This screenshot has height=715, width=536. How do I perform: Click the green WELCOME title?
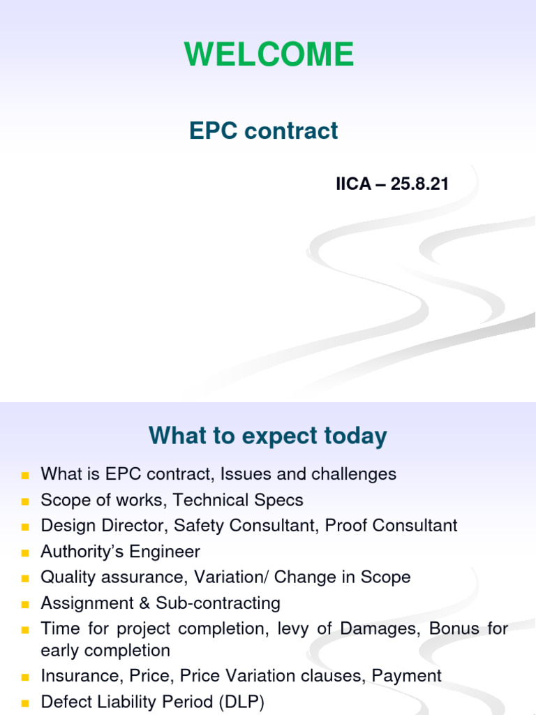268,54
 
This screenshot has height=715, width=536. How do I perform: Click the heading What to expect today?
268,436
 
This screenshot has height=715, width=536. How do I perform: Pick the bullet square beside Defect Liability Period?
25,702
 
